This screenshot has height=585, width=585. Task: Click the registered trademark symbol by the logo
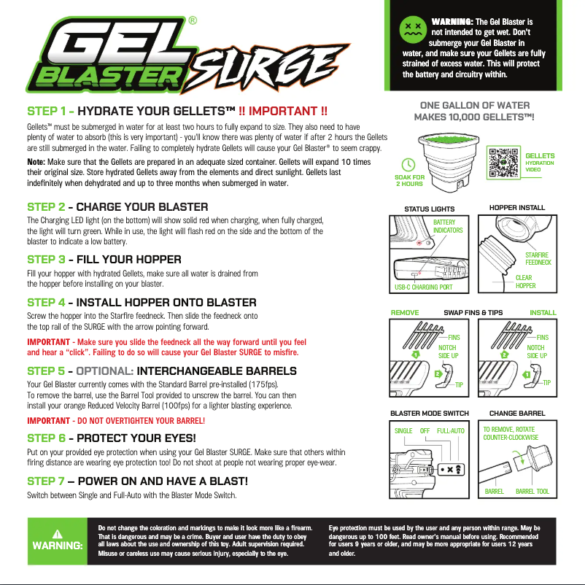tap(192, 21)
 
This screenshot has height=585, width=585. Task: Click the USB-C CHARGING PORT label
tap(423, 287)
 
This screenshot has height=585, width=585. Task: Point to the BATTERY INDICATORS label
tap(448, 226)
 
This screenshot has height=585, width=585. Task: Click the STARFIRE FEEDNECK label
tap(538, 258)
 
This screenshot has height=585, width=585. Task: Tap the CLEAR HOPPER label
tap(524, 282)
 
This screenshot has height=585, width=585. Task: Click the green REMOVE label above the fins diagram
tap(405, 312)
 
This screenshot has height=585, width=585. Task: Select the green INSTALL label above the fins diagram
tap(543, 312)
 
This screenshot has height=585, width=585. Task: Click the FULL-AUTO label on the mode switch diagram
tap(451, 431)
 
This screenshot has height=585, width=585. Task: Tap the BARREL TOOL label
tap(532, 492)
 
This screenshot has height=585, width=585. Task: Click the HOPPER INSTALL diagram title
tap(516, 208)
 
